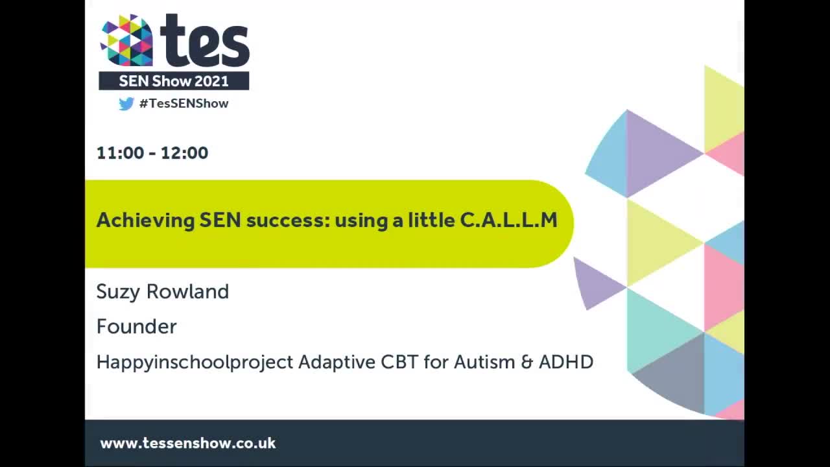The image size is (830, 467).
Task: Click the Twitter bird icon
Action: pyautogui.click(x=126, y=104)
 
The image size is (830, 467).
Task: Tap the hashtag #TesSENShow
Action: pyautogui.click(x=184, y=104)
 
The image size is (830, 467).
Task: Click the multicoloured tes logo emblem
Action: pyautogui.click(x=126, y=40)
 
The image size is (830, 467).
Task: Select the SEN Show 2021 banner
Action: pyautogui.click(x=174, y=81)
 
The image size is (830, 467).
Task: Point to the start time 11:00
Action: pyautogui.click(x=120, y=153)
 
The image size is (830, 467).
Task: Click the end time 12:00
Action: pyautogui.click(x=184, y=153)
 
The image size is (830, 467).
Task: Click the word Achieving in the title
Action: pyautogui.click(x=145, y=221)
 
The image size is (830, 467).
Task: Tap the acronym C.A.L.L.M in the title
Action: pyautogui.click(x=508, y=221)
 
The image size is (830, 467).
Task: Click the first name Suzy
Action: pyautogui.click(x=119, y=292)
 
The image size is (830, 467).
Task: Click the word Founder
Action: pyautogui.click(x=136, y=326)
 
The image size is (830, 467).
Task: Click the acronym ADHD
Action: pyautogui.click(x=566, y=362)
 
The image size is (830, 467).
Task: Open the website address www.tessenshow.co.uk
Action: pyautogui.click(x=188, y=444)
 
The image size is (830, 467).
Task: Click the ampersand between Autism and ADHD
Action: pyautogui.click(x=527, y=362)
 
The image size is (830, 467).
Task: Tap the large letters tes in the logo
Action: pyautogui.click(x=204, y=42)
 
